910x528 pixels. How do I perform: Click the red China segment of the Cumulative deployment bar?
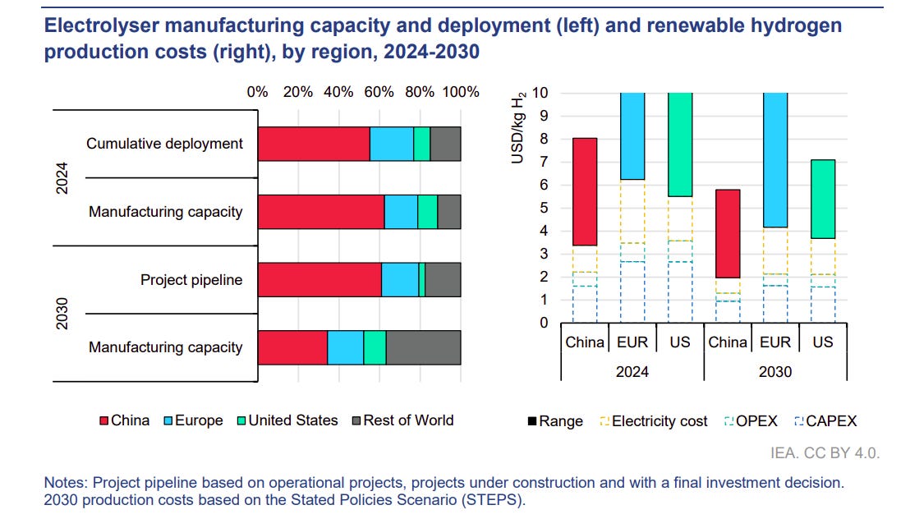[x=314, y=144]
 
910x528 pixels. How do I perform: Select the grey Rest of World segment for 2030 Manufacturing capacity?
[x=423, y=347]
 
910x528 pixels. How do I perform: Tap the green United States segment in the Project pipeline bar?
[x=421, y=280]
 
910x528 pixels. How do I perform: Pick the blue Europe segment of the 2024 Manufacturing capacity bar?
[x=401, y=212]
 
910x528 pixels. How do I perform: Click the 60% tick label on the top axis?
[x=379, y=92]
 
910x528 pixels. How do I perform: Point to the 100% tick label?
[x=460, y=92]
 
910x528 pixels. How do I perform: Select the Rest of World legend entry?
[x=402, y=420]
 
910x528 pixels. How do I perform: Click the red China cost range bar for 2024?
[x=585, y=191]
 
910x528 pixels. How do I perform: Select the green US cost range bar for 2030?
[x=823, y=199]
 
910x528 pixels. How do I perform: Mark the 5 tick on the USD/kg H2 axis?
[x=543, y=208]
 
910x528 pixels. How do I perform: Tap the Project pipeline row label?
[x=191, y=280]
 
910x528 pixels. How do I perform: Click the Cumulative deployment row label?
[x=164, y=144]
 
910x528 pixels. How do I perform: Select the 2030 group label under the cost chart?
[x=775, y=371]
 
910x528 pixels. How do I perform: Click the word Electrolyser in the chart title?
[x=93, y=25]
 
